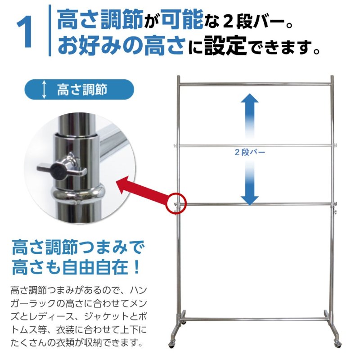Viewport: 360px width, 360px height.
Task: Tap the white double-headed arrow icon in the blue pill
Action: pyautogui.click(x=44, y=90)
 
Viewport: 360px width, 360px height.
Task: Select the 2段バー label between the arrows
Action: pyautogui.click(x=250, y=152)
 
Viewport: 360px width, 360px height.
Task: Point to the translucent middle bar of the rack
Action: pyautogui.click(x=254, y=145)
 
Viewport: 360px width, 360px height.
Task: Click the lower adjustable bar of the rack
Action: pyautogui.click(x=254, y=205)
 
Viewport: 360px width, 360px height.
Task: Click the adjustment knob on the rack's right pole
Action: pyautogui.click(x=335, y=206)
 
